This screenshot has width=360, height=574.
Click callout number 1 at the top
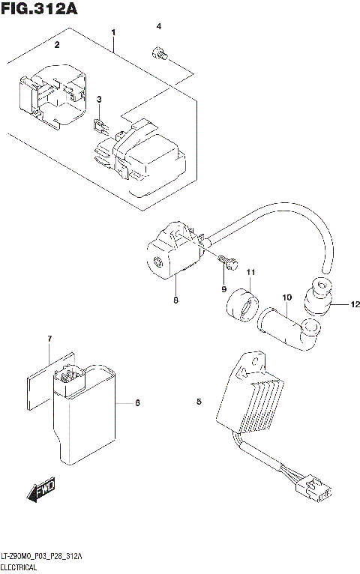113,33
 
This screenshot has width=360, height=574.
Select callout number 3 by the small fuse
97,100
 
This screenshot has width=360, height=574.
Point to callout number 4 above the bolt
158,27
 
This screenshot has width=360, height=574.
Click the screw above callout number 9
228,262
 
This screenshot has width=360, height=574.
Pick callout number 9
223,288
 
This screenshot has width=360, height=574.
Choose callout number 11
251,271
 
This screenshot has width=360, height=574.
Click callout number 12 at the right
335,304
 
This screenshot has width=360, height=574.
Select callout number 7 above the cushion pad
49,339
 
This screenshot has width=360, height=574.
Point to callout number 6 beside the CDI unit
137,404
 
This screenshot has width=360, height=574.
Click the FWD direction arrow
39,492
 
